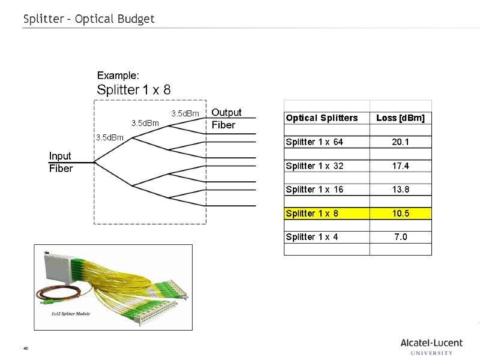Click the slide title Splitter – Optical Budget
pos(89,19)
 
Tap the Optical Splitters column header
pos(322,118)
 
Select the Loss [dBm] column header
pos(400,118)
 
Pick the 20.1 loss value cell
pos(400,142)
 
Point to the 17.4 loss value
pos(400,166)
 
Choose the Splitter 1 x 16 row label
pos(314,190)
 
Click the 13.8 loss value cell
pos(400,190)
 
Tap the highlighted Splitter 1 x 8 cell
pos(312,214)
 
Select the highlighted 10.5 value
pos(400,214)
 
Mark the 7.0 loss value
pos(400,237)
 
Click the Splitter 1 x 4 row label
pos(312,237)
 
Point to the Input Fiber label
pos(61,163)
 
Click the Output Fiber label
pos(226,119)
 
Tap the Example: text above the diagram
pos(118,76)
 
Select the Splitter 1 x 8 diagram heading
pos(134,90)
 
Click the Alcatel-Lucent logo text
pos(431,343)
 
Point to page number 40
pos(26,349)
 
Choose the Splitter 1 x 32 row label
pos(314,166)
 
